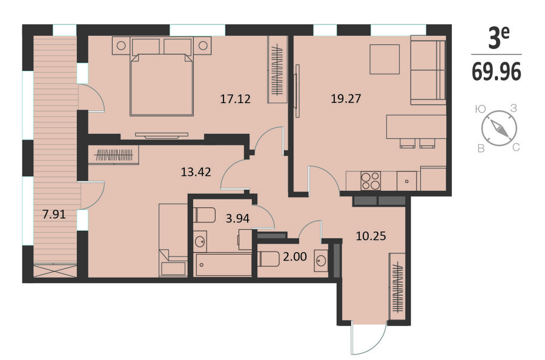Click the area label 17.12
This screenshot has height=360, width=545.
pyautogui.click(x=236, y=99)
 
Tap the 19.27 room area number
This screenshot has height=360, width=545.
pyautogui.click(x=346, y=99)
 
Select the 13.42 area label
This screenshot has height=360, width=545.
pyautogui.click(x=196, y=172)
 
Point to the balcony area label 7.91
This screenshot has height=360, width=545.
pyautogui.click(x=54, y=214)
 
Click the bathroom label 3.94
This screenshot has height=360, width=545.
pyautogui.click(x=238, y=218)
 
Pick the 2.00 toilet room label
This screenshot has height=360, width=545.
pyautogui.click(x=295, y=257)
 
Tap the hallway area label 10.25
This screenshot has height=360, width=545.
pyautogui.click(x=371, y=236)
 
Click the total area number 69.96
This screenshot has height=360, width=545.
pyautogui.click(x=497, y=72)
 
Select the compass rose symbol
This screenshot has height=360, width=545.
pyautogui.click(x=499, y=128)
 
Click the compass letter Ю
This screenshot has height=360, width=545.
pyautogui.click(x=480, y=109)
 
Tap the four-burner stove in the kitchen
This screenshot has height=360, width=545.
pyautogui.click(x=371, y=181)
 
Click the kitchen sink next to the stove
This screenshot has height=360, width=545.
pyautogui.click(x=407, y=181)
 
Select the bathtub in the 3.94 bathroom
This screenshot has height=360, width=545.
pyautogui.click(x=223, y=265)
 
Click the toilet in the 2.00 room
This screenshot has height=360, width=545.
pyautogui.click(x=269, y=259)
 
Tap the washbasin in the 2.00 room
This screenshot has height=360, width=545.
pyautogui.click(x=321, y=260)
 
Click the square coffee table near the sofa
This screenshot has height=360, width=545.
pyautogui.click(x=385, y=59)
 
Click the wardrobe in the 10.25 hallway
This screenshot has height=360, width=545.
pyautogui.click(x=397, y=286)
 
